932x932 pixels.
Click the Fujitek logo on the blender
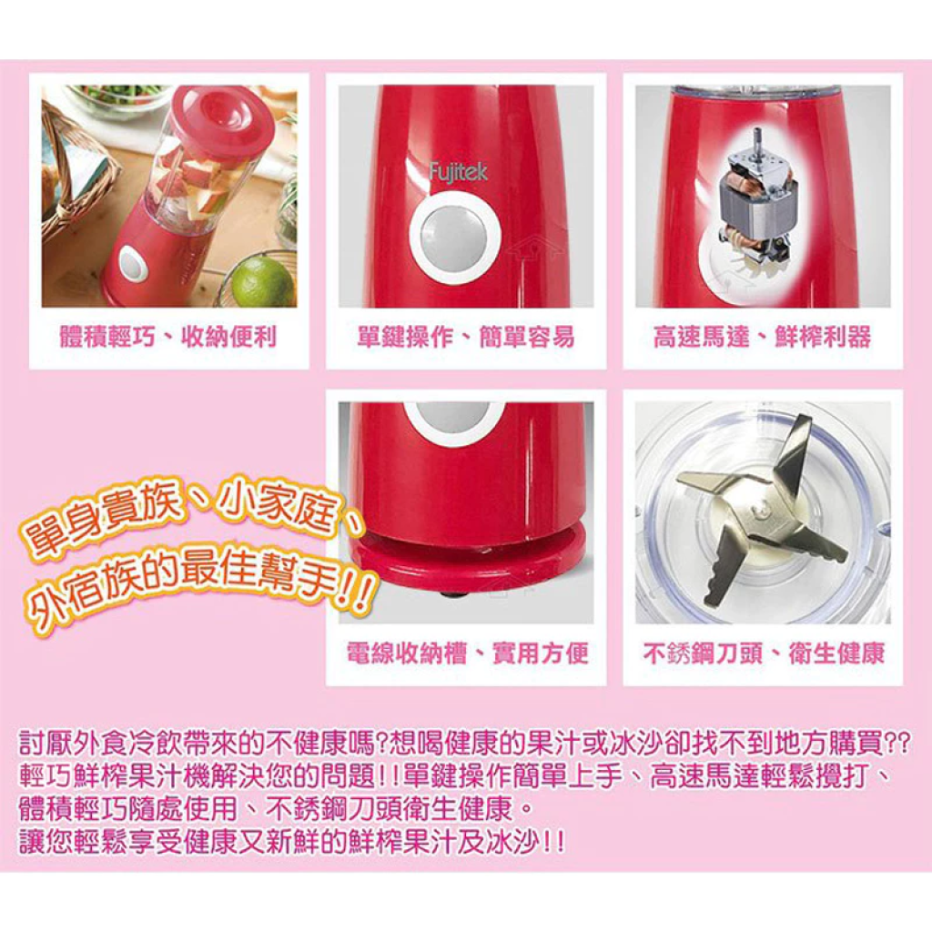click(459, 172)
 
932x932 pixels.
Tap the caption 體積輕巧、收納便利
click(168, 337)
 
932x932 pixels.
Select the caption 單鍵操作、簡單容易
click(466, 337)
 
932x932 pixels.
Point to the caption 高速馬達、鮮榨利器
click(763, 337)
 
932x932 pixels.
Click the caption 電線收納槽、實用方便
click(468, 653)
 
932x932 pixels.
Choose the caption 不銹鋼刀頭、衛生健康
click(764, 653)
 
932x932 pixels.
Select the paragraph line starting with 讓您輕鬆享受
click(291, 842)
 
